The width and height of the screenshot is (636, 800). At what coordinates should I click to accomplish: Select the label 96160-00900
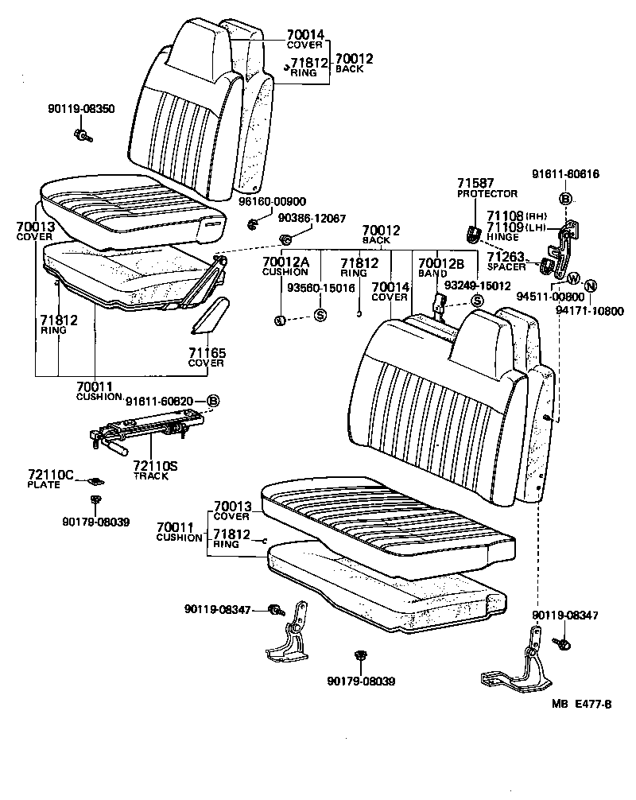tap(272, 202)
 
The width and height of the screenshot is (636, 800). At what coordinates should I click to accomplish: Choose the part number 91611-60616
tap(565, 174)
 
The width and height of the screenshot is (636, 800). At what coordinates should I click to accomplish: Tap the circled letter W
tap(572, 278)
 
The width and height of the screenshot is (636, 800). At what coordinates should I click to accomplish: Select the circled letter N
tap(591, 286)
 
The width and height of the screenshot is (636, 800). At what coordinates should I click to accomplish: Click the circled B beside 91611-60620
tap(212, 401)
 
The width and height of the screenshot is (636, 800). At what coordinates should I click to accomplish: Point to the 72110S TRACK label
tap(155, 469)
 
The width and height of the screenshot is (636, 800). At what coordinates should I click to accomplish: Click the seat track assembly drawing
tap(139, 433)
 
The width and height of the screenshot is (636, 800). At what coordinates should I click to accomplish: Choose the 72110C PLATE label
tap(51, 479)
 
